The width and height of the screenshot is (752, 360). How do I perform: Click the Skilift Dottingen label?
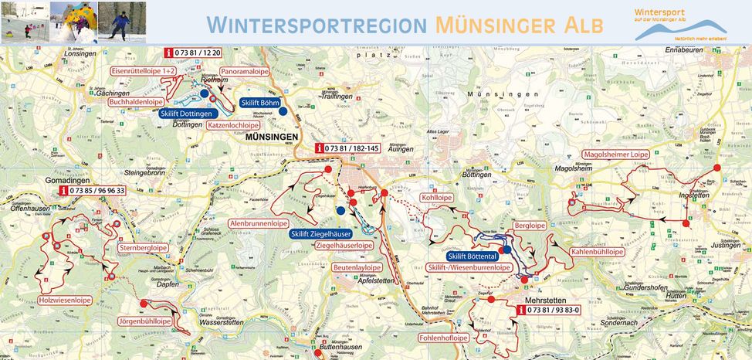point(185,114)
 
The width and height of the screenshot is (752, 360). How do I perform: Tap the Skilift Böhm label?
point(259,102)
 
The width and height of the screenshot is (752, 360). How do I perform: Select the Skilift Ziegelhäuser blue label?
point(321,234)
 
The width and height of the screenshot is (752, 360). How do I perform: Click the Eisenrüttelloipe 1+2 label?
point(144,70)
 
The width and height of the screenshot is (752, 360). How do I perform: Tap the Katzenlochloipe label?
point(233,124)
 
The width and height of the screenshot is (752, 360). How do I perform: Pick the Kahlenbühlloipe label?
point(597,252)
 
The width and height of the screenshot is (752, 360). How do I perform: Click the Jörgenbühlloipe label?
point(144,320)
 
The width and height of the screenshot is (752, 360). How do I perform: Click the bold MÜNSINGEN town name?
point(270,137)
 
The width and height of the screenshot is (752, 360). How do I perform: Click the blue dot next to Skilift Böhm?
point(283,111)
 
